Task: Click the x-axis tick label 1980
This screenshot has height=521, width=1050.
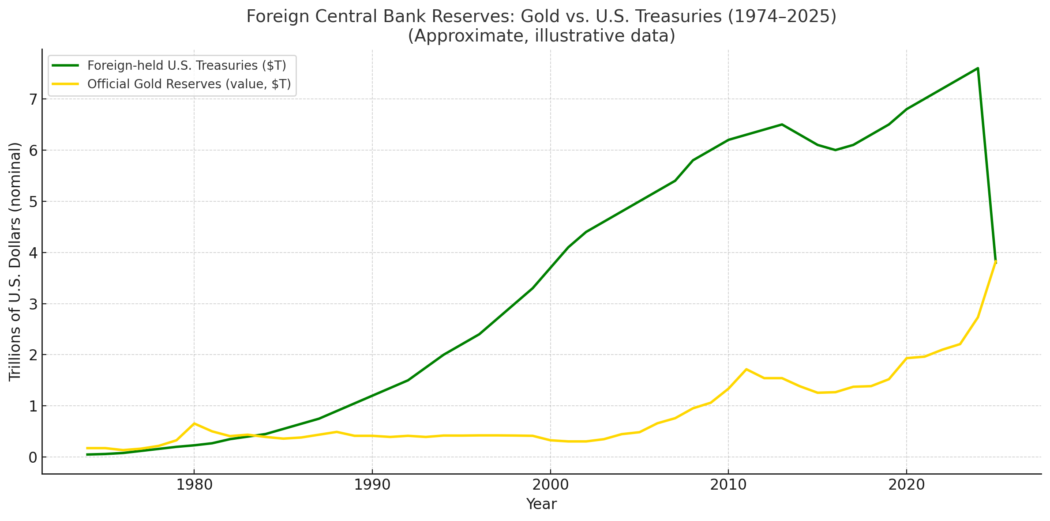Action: [194, 485]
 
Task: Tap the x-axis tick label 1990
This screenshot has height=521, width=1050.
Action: [372, 485]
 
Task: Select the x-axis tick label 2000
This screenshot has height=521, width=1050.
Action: [550, 485]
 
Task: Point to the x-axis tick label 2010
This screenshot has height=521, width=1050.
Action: [728, 485]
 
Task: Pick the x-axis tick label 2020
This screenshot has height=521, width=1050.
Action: [907, 485]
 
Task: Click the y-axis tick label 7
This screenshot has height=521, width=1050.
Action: [32, 99]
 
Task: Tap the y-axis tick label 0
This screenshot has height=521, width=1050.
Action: [32, 457]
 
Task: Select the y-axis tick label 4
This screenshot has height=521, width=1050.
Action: [32, 253]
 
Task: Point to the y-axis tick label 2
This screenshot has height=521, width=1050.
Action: [32, 355]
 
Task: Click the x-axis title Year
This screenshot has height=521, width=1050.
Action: [541, 504]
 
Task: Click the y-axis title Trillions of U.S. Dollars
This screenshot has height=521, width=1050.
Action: [15, 261]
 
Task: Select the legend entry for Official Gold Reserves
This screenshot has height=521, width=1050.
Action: [189, 84]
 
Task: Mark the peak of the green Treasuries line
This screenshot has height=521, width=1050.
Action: [978, 68]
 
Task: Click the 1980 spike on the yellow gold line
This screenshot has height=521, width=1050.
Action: [194, 423]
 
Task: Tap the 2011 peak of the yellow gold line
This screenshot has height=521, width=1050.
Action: [746, 369]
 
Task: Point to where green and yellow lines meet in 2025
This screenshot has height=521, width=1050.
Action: [996, 261]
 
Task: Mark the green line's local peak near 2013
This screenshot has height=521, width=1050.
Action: [782, 125]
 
